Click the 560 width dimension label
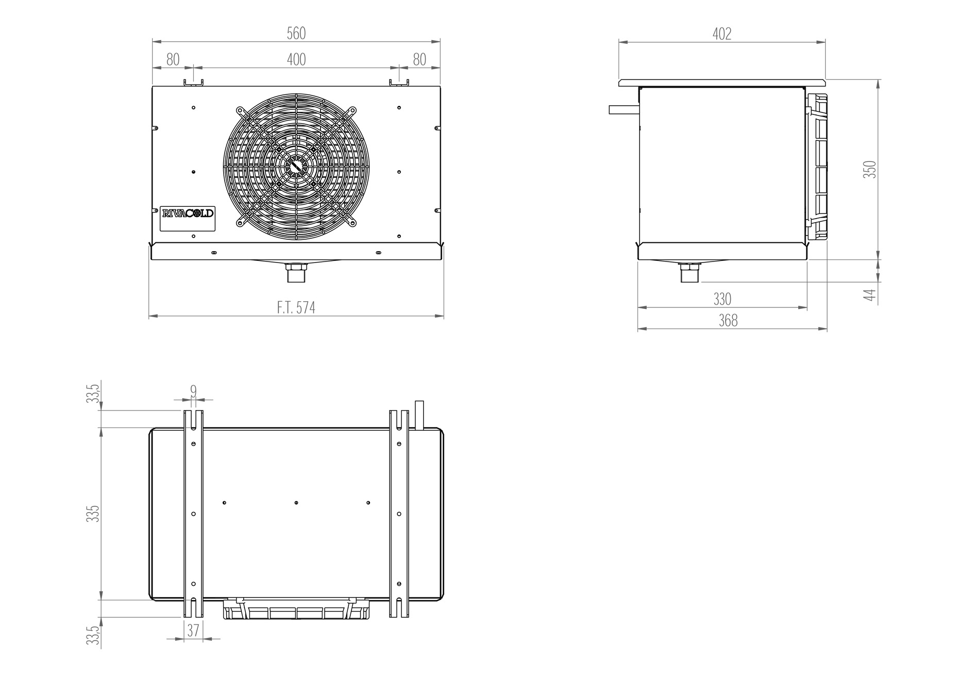296,34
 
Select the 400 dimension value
296,60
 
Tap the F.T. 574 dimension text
296,308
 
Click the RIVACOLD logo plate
188,213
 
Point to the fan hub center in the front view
296,166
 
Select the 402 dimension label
722,34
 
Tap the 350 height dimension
870,170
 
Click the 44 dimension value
870,296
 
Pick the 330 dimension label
722,299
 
